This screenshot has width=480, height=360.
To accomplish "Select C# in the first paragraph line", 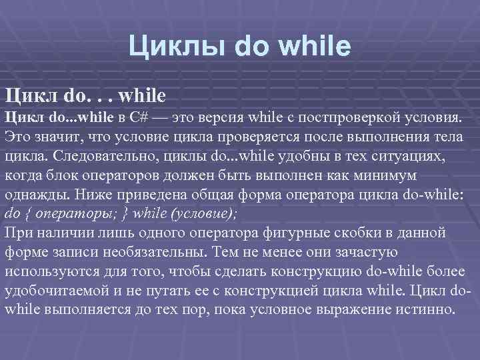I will point(139,118).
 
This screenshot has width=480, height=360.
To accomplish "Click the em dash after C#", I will point(159,118).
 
